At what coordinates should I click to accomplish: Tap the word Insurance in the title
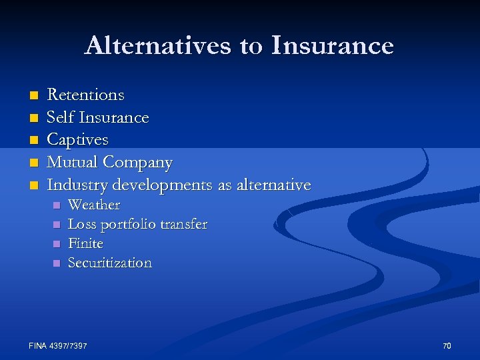[x=332, y=46]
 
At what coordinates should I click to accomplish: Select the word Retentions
[x=85, y=95]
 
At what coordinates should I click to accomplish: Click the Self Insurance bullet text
[x=98, y=118]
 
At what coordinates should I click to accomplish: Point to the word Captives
[x=77, y=140]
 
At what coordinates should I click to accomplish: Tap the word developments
[x=163, y=185]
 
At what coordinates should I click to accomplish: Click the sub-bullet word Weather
[x=94, y=205]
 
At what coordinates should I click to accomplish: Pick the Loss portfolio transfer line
[x=137, y=225]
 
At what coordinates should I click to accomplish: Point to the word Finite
[x=85, y=243]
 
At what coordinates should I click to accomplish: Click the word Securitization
[x=110, y=263]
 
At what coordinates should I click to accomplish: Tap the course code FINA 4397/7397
[x=58, y=345]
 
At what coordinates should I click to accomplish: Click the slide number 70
[x=447, y=345]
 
